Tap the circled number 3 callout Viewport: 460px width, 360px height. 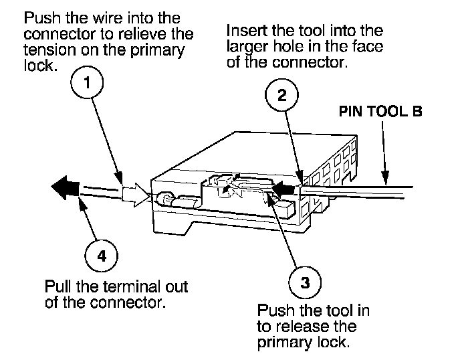pos(305,282)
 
